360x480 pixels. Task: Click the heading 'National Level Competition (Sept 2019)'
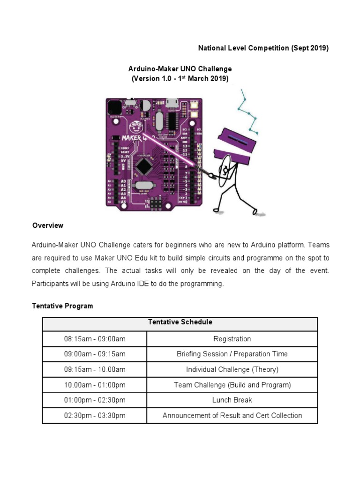[263, 48]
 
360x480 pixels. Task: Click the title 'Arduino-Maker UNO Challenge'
[180, 69]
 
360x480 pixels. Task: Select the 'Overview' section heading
[48, 225]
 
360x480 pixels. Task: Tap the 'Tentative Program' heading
[62, 306]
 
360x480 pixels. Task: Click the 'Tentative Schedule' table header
[180, 322]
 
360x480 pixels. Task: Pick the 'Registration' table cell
[232, 339]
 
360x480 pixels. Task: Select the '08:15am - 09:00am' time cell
[95, 339]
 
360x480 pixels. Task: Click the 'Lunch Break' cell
[232, 400]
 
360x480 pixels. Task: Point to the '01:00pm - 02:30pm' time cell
[95, 400]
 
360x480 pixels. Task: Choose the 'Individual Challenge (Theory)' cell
[232, 369]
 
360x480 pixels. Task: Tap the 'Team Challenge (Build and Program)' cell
[232, 385]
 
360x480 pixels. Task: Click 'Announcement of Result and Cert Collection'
[232, 415]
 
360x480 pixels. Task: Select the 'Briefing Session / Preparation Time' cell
[232, 354]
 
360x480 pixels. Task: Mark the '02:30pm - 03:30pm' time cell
[95, 415]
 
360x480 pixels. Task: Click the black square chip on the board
[142, 166]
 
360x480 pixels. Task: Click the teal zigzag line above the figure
[248, 110]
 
